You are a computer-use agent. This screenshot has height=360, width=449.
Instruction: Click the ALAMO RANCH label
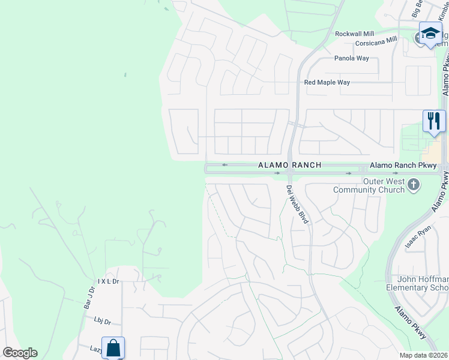(x=289, y=164)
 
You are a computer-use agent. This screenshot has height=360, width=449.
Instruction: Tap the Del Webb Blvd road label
(x=297, y=204)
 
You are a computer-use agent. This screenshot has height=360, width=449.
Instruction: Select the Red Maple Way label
(x=327, y=82)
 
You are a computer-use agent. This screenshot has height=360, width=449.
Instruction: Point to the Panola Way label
(x=351, y=59)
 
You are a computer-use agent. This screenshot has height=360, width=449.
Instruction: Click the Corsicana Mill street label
(x=376, y=43)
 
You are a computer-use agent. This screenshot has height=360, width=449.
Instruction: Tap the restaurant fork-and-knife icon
(x=433, y=121)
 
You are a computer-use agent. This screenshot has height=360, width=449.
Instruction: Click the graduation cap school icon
(x=430, y=33)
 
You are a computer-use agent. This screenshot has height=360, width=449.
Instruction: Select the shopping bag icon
(x=113, y=347)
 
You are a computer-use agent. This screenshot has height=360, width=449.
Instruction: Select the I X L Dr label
(x=109, y=281)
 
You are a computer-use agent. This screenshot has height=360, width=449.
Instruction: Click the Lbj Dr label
(x=103, y=322)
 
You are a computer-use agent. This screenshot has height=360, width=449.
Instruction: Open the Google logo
(x=20, y=353)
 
